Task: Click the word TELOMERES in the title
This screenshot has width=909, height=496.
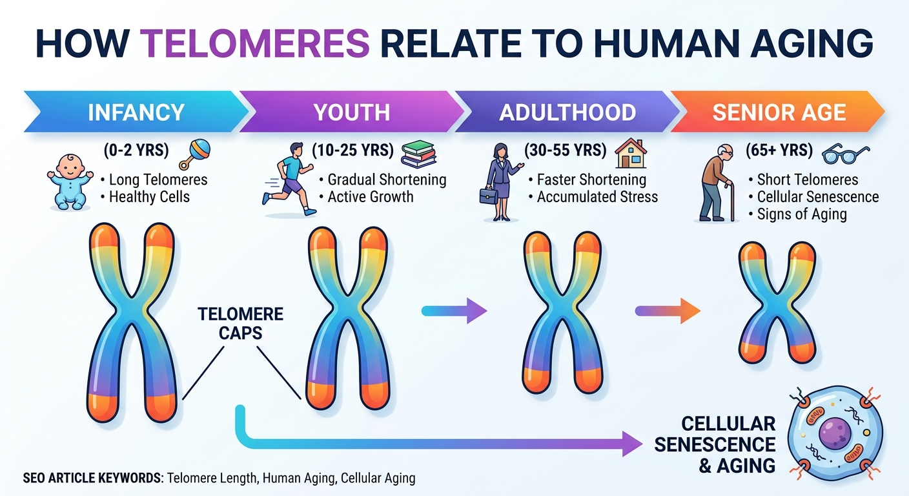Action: click(x=256, y=44)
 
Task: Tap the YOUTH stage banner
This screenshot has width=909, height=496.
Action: click(x=351, y=112)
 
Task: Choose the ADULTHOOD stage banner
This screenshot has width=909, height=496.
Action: click(x=567, y=112)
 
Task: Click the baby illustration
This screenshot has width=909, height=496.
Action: click(x=70, y=181)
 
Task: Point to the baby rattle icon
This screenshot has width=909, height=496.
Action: click(x=195, y=154)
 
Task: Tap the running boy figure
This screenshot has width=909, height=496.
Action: click(x=289, y=179)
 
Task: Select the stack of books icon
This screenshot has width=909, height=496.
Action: click(x=418, y=154)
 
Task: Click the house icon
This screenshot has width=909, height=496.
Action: click(x=631, y=154)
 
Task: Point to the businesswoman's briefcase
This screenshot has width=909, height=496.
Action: click(x=489, y=196)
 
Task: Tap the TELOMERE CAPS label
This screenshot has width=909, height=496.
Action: click(x=241, y=324)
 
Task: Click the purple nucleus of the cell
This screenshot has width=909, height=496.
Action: click(x=834, y=433)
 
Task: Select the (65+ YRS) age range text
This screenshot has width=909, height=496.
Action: click(x=779, y=150)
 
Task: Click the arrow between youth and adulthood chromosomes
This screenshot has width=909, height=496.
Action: click(x=454, y=311)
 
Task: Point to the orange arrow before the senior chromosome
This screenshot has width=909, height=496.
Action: click(x=668, y=311)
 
